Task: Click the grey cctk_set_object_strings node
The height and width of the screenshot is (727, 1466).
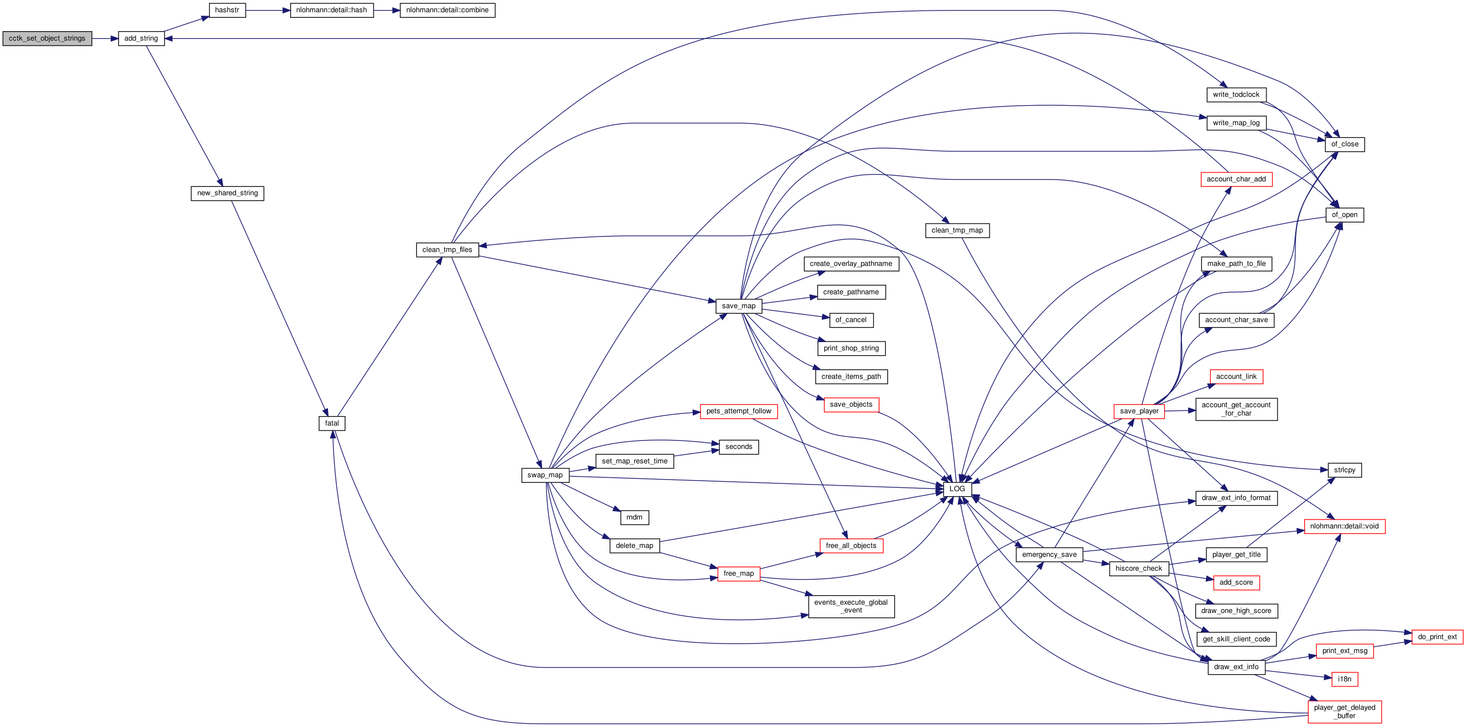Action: [x=47, y=39]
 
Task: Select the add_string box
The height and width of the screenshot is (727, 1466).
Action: [x=141, y=39]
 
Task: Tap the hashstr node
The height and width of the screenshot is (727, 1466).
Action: [x=227, y=10]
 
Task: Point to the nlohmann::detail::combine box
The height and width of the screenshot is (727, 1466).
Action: [x=448, y=10]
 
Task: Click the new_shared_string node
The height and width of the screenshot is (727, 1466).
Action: [x=227, y=194]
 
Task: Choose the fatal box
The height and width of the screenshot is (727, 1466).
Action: [x=332, y=423]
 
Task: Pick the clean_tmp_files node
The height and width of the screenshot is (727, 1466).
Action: [x=448, y=250]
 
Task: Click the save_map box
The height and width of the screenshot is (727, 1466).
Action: [x=739, y=306]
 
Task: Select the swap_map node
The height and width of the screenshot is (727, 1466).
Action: [x=545, y=476]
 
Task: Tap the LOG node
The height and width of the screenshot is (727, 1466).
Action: [x=957, y=489]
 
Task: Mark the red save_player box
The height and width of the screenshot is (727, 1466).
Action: [x=1139, y=412]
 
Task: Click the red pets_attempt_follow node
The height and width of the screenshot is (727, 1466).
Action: [x=739, y=412]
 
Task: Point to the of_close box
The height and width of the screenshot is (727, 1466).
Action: [x=1345, y=145]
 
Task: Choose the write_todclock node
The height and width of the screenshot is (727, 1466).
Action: [x=1236, y=95]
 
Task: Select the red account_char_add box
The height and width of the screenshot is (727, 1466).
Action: [x=1236, y=179]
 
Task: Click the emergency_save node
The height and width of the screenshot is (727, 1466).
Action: [x=1050, y=555]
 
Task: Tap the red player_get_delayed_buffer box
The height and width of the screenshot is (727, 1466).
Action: [x=1345, y=712]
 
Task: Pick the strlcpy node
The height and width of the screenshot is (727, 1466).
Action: [x=1345, y=470]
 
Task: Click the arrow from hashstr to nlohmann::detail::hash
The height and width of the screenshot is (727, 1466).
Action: [x=268, y=10]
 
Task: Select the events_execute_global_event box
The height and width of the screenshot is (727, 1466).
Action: [x=851, y=607]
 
